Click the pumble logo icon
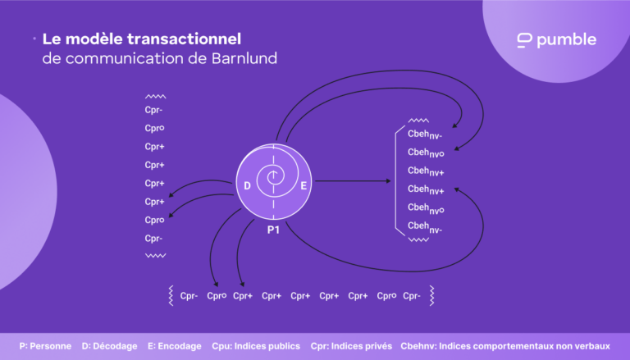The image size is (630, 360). click(x=525, y=40)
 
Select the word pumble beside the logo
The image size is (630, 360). click(x=566, y=40)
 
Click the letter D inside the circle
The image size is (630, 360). click(x=247, y=186)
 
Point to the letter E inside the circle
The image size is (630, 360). click(x=304, y=186)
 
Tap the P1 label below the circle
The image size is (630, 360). click(x=273, y=230)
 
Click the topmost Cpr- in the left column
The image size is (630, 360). click(x=154, y=111)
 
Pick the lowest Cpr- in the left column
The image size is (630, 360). click(x=154, y=239)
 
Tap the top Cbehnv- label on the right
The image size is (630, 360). click(x=425, y=134)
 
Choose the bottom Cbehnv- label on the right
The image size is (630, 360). click(x=425, y=226)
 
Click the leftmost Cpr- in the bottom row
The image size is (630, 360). click(x=189, y=296)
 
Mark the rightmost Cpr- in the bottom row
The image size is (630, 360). click(x=412, y=296)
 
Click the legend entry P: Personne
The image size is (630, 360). click(x=45, y=346)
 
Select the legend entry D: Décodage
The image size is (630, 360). click(x=109, y=346)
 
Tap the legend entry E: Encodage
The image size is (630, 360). click(x=174, y=346)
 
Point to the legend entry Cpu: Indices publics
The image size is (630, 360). click(x=255, y=346)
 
